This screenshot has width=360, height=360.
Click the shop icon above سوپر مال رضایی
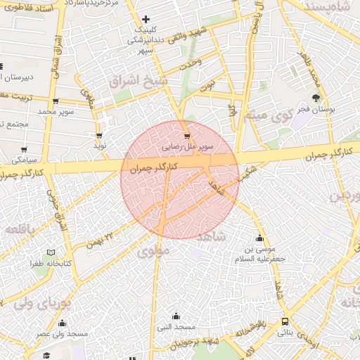coord(187,136)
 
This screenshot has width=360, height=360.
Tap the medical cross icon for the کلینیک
coord(146,19)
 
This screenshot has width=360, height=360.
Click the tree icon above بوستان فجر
coord(316,98)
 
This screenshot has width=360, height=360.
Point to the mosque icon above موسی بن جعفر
coord(260,238)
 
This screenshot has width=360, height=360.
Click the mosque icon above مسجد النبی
coord(176,316)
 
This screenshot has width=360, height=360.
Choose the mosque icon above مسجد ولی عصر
coord(63,323)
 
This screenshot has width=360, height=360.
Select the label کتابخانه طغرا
coord(49,264)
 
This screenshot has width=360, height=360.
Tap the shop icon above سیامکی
coord(25,149)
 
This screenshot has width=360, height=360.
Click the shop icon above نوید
coord(98,135)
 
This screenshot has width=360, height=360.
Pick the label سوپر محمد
coord(56,112)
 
